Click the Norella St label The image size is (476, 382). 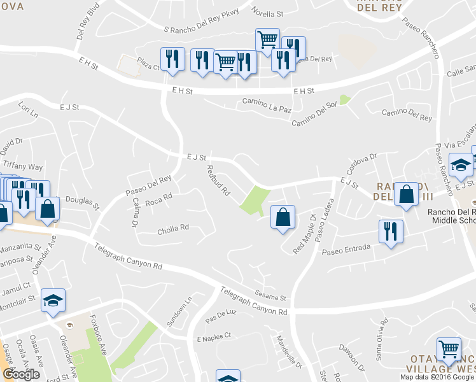point(267,13)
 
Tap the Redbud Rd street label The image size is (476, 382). point(218,181)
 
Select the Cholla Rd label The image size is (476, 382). point(173,229)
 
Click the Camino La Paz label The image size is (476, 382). point(267,102)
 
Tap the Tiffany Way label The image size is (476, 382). point(26,167)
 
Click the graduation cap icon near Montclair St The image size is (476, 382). point(53,300)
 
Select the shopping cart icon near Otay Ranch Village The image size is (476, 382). point(449,348)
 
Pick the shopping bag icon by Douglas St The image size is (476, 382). point(48,208)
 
